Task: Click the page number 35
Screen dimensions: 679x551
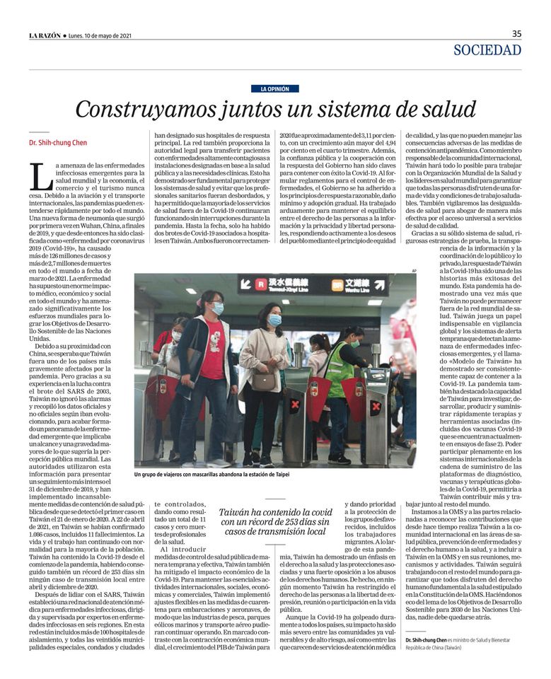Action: coord(516,33)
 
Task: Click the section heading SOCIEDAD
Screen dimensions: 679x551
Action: coord(487,50)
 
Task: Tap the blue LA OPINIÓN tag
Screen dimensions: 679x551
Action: coord(275,88)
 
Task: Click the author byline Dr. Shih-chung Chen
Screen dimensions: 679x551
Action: coord(58,143)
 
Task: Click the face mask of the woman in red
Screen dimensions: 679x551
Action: coord(218,308)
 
